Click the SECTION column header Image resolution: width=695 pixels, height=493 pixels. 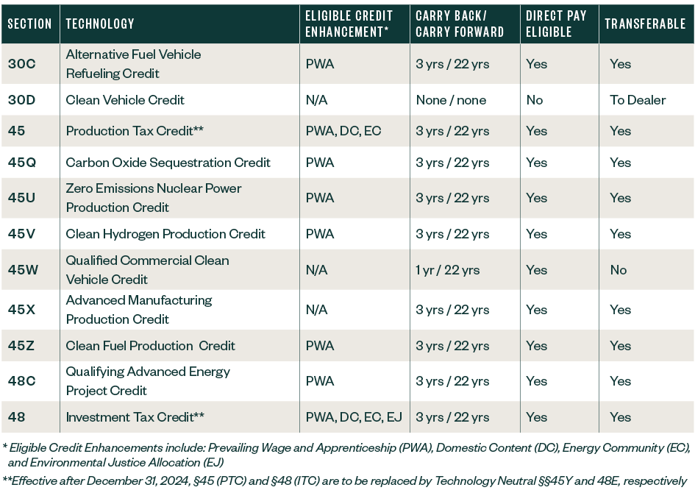(29, 24)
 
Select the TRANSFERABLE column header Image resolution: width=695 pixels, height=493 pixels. (644, 24)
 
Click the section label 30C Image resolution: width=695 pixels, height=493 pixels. (21, 64)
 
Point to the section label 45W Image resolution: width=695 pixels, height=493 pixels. (23, 270)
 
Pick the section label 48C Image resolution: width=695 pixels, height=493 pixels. (22, 381)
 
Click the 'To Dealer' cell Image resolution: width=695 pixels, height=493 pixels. (637, 100)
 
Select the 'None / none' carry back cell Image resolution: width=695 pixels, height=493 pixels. (451, 100)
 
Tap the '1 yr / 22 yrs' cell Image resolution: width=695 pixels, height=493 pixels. (447, 270)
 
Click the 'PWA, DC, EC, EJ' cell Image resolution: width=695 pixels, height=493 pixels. (354, 417)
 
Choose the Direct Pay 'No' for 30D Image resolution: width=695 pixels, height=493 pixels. (534, 100)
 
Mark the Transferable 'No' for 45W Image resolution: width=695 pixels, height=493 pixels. (618, 270)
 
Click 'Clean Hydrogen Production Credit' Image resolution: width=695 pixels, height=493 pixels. (165, 234)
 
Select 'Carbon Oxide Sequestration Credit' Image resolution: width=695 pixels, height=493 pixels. (168, 163)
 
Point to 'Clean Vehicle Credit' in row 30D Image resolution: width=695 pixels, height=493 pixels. (125, 100)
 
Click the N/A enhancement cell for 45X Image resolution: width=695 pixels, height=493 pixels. (316, 310)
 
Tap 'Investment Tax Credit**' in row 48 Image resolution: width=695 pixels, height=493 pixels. (135, 417)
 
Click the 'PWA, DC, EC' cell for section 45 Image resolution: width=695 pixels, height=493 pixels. (343, 131)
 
